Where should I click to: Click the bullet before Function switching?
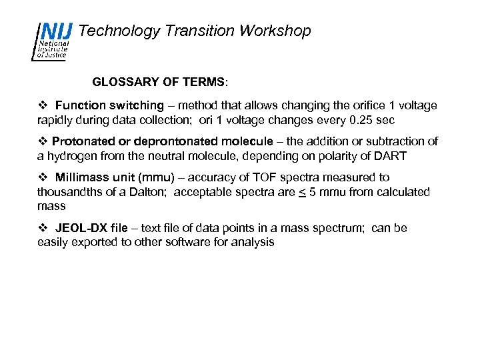coord(42,105)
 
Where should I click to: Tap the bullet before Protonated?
coord(42,141)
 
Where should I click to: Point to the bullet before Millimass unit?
coord(42,177)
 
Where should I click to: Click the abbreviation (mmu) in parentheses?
coord(157,177)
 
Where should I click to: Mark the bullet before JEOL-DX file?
coord(42,228)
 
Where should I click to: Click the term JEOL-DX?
coord(81,228)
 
